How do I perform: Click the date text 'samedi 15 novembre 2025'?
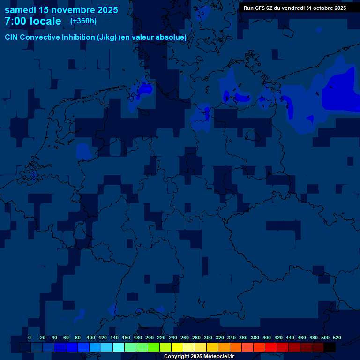pos(61,10)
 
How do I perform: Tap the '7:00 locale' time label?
pos(33,22)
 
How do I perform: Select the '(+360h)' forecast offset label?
pos(83,21)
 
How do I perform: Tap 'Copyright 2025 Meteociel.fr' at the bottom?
pos(199,356)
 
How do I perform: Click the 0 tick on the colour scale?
pos(30,337)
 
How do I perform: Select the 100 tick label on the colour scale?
pos(91,337)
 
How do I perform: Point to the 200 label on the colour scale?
pos(150,337)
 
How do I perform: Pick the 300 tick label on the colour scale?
pos(208,337)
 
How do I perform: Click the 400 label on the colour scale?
pos(267,337)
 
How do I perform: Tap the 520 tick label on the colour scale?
pos(337,337)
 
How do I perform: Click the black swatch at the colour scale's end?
pos(330,347)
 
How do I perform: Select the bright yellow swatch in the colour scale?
pos(177,347)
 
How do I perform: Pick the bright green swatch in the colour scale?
pos(154,347)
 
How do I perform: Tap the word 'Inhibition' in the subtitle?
pos(78,37)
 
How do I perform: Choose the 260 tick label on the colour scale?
pos(185,337)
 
